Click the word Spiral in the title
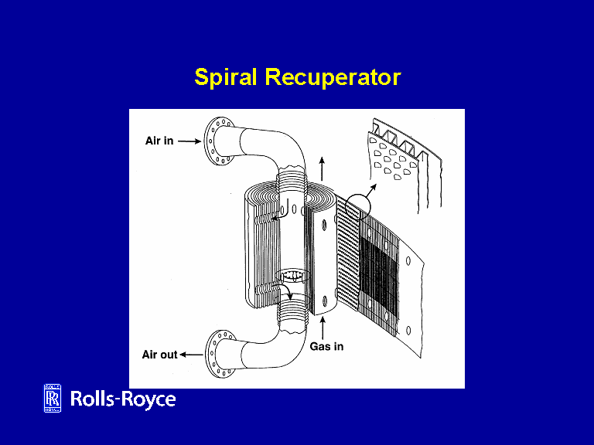(227, 78)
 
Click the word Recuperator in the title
(333, 78)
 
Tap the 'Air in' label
(159, 141)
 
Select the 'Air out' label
(159, 355)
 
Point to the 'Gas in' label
(326, 346)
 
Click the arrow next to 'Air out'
(192, 355)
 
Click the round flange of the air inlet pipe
(217, 143)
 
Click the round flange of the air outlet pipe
(219, 355)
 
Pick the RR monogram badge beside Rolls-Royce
(53, 399)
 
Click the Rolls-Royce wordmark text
(123, 399)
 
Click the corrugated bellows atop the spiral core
(292, 185)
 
